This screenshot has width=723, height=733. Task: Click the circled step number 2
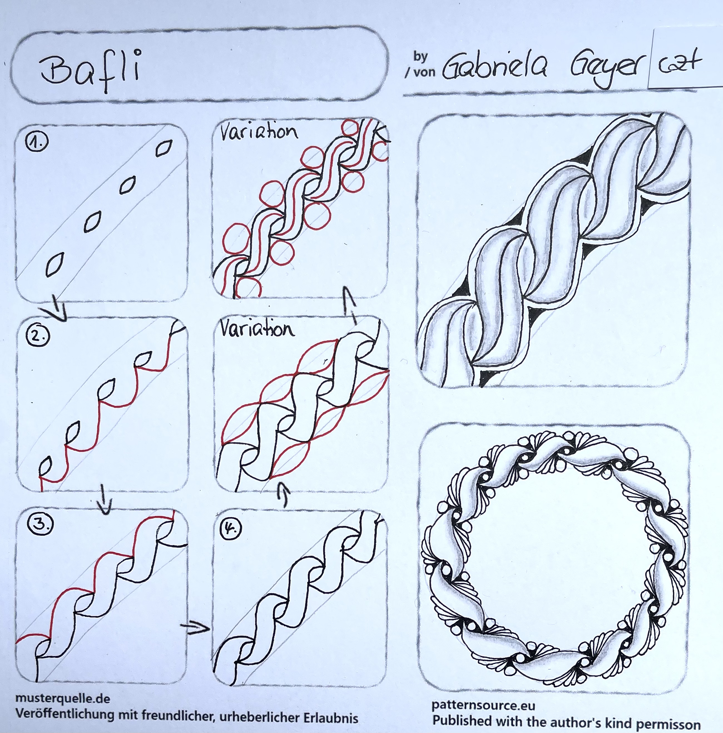[x=38, y=336]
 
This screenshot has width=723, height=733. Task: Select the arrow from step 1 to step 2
[x=57, y=307]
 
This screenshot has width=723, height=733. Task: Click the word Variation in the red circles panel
[x=259, y=132]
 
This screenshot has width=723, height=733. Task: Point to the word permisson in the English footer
[x=668, y=723]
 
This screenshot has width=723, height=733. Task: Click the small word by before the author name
[x=420, y=57]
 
